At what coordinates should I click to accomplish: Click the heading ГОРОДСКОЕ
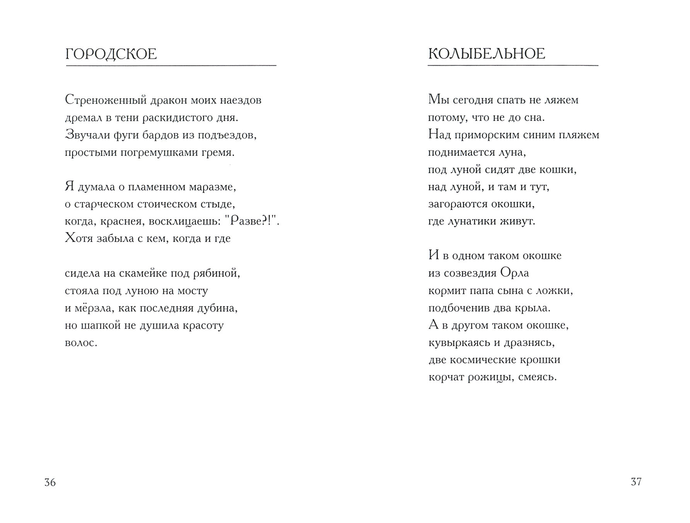[111, 54]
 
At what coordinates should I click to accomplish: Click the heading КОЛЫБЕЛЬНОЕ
[486, 54]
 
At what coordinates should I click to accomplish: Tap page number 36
[50, 482]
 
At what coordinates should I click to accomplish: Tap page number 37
[636, 482]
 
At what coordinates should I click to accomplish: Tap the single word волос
[81, 343]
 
